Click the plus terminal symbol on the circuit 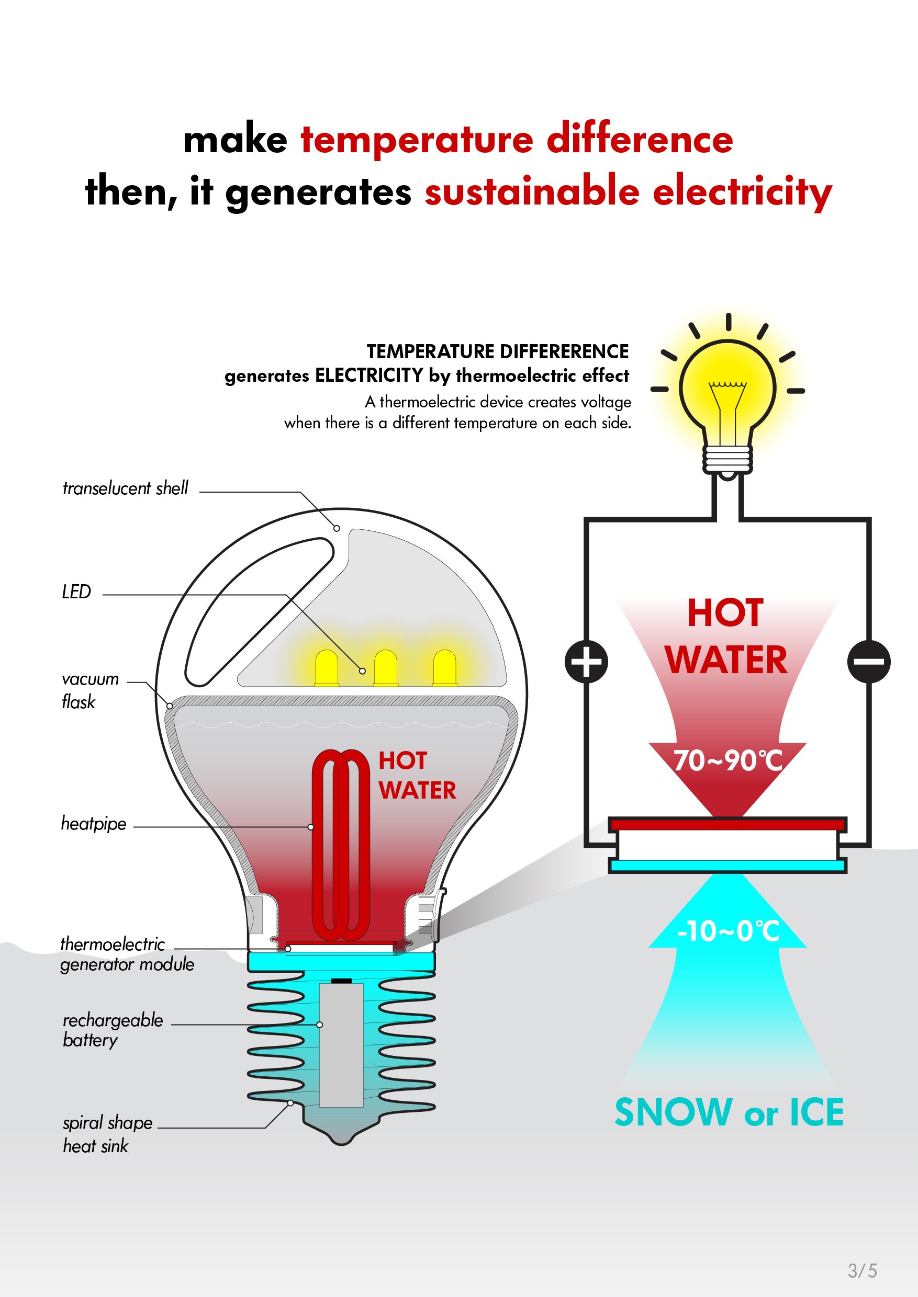pos(586,661)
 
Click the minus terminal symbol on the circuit pos(868,661)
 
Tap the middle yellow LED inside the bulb pos(386,667)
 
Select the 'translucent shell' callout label pos(125,488)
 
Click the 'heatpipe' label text pos(94,824)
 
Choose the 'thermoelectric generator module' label pos(127,954)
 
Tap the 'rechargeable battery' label pos(113,1030)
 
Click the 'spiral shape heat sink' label pos(107,1134)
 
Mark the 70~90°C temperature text pos(727,760)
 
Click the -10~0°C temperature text pos(728,931)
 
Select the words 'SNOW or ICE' pos(729,1112)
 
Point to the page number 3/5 pos(862,1270)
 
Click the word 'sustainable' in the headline pos(531,192)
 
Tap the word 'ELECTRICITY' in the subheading pos(368,376)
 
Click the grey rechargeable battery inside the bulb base pos(341,1045)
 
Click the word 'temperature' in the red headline pos(417,140)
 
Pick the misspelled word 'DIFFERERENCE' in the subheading pos(564,351)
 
